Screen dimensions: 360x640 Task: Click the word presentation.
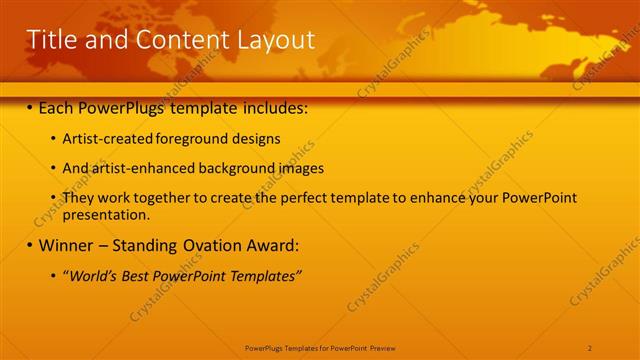106,214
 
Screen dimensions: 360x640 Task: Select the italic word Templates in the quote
264,275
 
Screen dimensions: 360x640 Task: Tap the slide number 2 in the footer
590,347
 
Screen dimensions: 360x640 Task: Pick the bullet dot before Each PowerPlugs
30,106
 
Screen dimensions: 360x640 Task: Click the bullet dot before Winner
30,245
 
